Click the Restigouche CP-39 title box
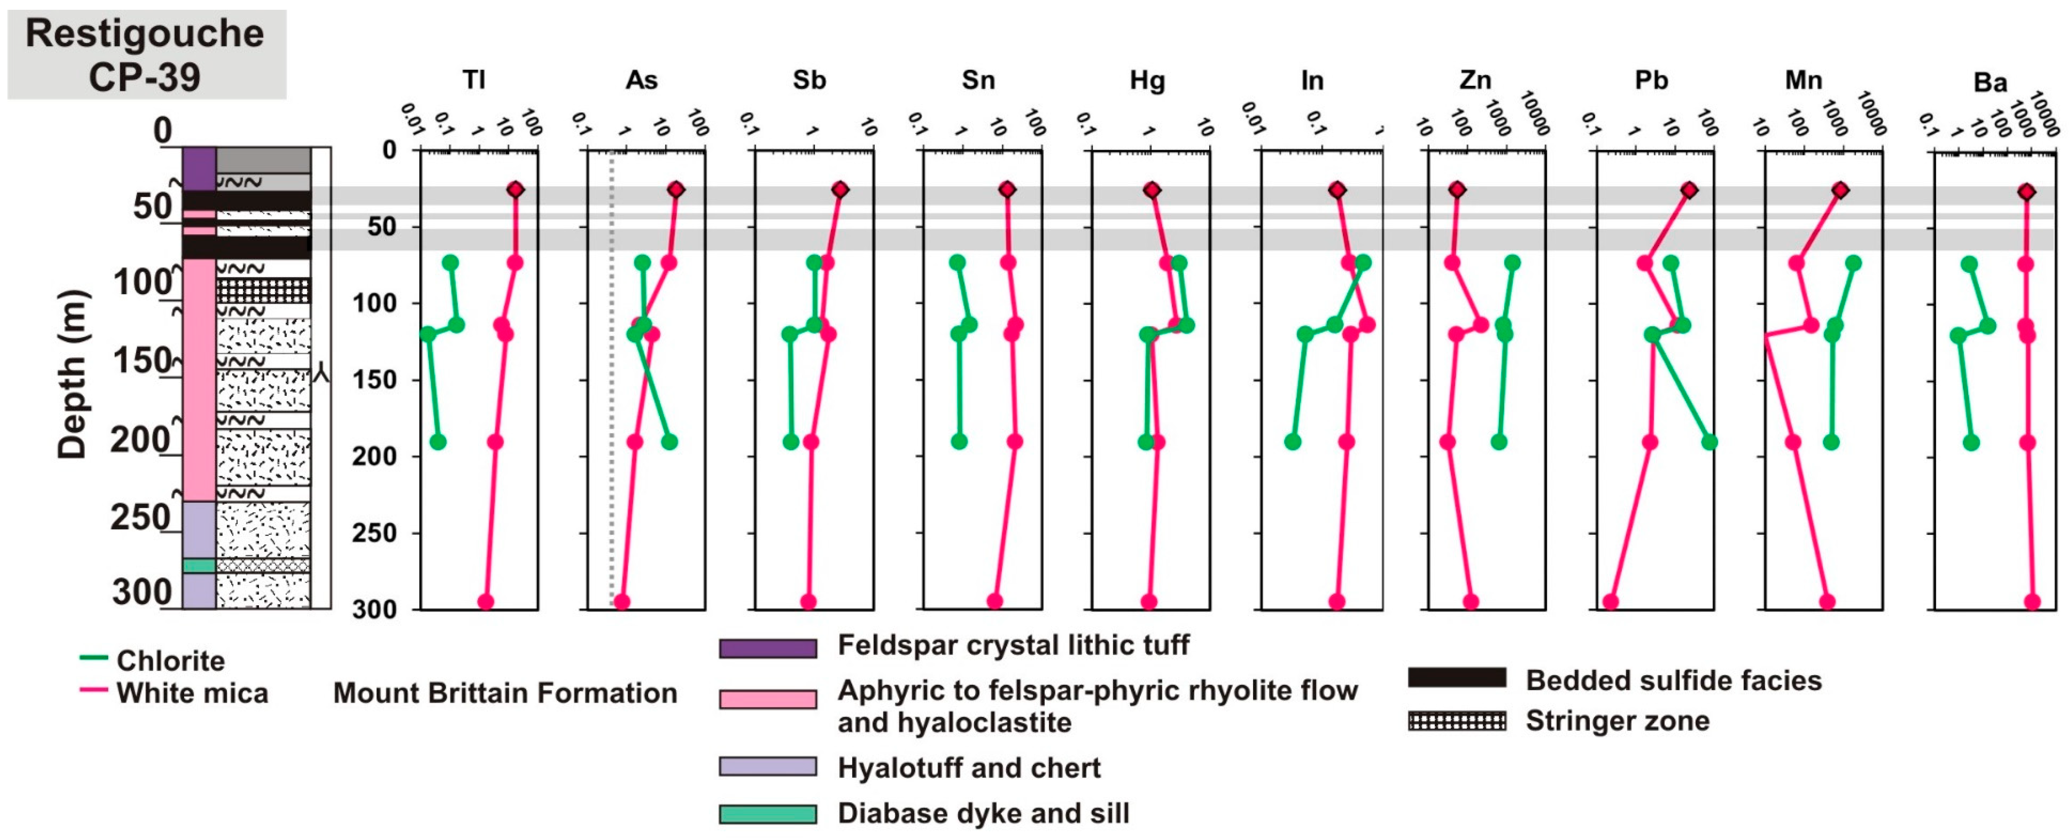(147, 55)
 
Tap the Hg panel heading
(1147, 80)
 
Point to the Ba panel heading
(1990, 82)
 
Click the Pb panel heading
(1651, 80)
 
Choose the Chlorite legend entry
(153, 660)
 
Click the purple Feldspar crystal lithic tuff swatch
(767, 647)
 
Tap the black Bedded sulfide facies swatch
(1456, 677)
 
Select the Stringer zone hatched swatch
(1456, 720)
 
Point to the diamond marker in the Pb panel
(1689, 190)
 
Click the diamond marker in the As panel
(676, 190)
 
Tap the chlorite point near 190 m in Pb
(1709, 442)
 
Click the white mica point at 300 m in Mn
(1827, 601)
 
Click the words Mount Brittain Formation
(505, 692)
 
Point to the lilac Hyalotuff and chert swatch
(767, 766)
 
